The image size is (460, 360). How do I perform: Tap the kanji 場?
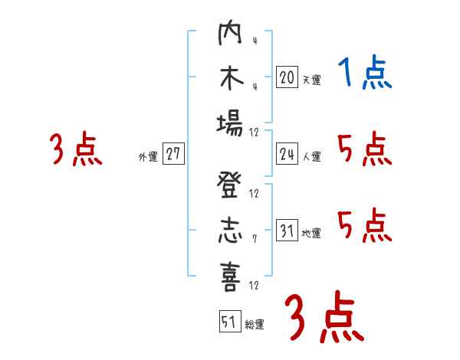pos(230,124)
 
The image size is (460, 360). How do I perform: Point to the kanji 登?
pos(230,186)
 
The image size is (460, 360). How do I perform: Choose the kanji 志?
pos(230,231)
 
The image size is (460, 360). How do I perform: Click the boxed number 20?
pos(287,77)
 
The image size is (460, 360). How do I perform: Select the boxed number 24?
pos(287,154)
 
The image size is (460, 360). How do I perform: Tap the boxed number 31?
pos(287,231)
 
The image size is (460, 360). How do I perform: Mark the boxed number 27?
pos(172,154)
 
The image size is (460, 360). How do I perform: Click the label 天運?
pos(311,80)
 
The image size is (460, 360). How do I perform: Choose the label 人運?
pos(311,157)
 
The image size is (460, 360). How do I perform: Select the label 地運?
pos(311,234)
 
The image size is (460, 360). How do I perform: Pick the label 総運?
pos(255,324)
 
